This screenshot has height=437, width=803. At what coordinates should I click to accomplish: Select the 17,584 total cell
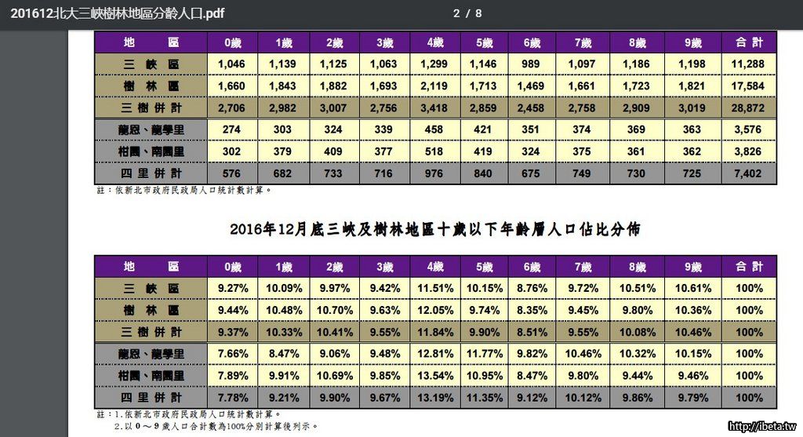[x=750, y=86]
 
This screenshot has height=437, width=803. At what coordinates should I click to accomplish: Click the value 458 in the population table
[x=436, y=129]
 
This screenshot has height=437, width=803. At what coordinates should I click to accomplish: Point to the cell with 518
[x=436, y=151]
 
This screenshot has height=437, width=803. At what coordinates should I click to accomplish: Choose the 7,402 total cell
[x=750, y=173]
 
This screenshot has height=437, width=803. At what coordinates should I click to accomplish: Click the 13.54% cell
[x=436, y=376]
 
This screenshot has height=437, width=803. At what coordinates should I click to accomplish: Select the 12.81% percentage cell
[x=436, y=354]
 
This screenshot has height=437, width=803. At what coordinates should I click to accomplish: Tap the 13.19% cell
[x=436, y=398]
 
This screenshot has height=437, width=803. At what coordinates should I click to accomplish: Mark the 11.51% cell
[x=436, y=288]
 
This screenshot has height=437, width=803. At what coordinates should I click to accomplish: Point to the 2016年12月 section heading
[x=435, y=230]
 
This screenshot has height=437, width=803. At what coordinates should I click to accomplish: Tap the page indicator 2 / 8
[x=467, y=13]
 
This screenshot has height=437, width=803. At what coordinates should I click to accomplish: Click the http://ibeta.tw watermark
[x=761, y=427]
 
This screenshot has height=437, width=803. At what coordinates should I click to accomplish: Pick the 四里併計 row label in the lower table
[x=151, y=398]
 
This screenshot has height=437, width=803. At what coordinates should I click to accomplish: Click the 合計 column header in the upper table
[x=750, y=42]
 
